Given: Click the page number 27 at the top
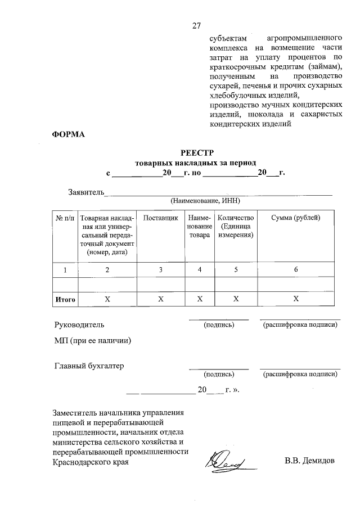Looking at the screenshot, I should click(x=196, y=25).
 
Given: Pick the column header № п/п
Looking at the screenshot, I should click(x=65, y=218).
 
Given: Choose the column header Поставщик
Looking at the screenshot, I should click(x=160, y=218).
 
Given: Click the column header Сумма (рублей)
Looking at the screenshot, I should click(x=295, y=218).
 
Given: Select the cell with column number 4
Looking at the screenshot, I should click(x=199, y=270).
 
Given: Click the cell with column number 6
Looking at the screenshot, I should click(x=295, y=270).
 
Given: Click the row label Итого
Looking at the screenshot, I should click(x=65, y=299).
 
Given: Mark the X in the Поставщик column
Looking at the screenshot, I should click(x=160, y=299).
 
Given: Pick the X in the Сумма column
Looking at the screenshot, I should click(x=295, y=299).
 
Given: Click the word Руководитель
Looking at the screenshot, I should click(x=79, y=325).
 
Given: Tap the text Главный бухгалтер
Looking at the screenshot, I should click(x=89, y=366).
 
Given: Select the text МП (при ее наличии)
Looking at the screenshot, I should click(x=93, y=340).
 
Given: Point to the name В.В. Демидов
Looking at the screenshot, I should click(x=309, y=462).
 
